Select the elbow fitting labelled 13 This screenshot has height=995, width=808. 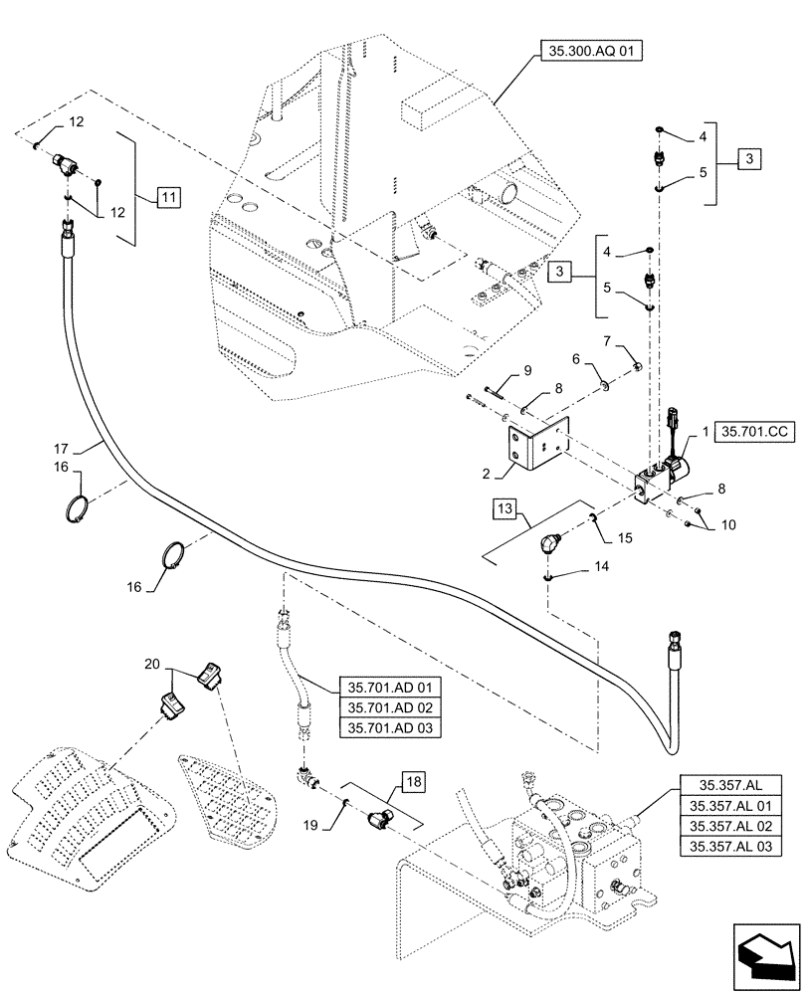(548, 545)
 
